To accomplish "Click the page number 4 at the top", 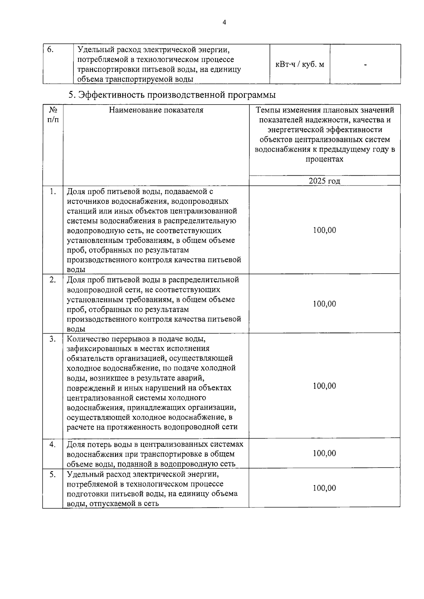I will click(224, 23).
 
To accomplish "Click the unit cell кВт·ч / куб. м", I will click(300, 65).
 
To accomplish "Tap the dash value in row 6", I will click(365, 65).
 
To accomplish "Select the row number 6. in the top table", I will click(51, 49).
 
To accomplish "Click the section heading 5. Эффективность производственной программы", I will click(172, 95).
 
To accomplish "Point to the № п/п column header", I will click(53, 115).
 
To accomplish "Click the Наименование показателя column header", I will click(156, 110).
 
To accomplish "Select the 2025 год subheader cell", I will click(324, 181).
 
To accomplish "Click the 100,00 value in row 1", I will click(324, 230).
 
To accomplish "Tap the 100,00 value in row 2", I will click(324, 304).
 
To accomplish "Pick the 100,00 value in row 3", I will click(324, 386).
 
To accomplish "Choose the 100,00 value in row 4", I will click(324, 453).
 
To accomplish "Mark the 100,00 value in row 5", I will click(324, 488).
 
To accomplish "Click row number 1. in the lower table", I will click(53, 192).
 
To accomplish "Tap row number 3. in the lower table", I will click(53, 339).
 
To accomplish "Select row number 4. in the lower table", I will click(53, 444).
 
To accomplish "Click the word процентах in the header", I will click(324, 159).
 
